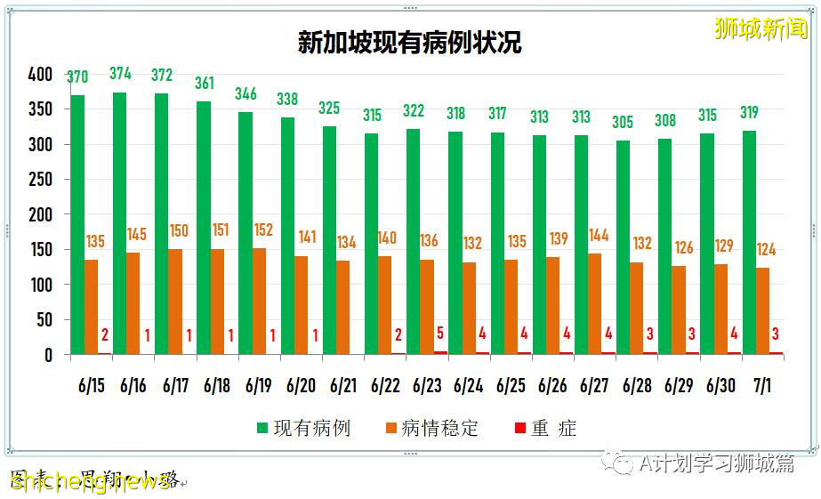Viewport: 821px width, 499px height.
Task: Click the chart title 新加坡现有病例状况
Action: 409,44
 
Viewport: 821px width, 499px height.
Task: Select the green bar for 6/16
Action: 120,222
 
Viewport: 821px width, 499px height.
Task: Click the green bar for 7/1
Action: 750,242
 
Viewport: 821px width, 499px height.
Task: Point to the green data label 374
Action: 120,74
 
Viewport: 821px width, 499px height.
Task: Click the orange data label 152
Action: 265,229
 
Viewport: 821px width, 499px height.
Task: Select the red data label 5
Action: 441,334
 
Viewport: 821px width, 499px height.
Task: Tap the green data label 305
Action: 624,123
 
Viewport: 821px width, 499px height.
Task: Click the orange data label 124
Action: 766,250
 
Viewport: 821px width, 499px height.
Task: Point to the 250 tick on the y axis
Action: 40,180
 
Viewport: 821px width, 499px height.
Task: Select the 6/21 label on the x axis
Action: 343,386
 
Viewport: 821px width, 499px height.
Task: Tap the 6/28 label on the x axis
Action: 638,386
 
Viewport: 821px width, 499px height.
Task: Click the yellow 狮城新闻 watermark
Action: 761,29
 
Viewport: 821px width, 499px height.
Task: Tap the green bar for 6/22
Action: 372,244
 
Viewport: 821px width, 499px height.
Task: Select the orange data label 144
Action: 599,236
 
